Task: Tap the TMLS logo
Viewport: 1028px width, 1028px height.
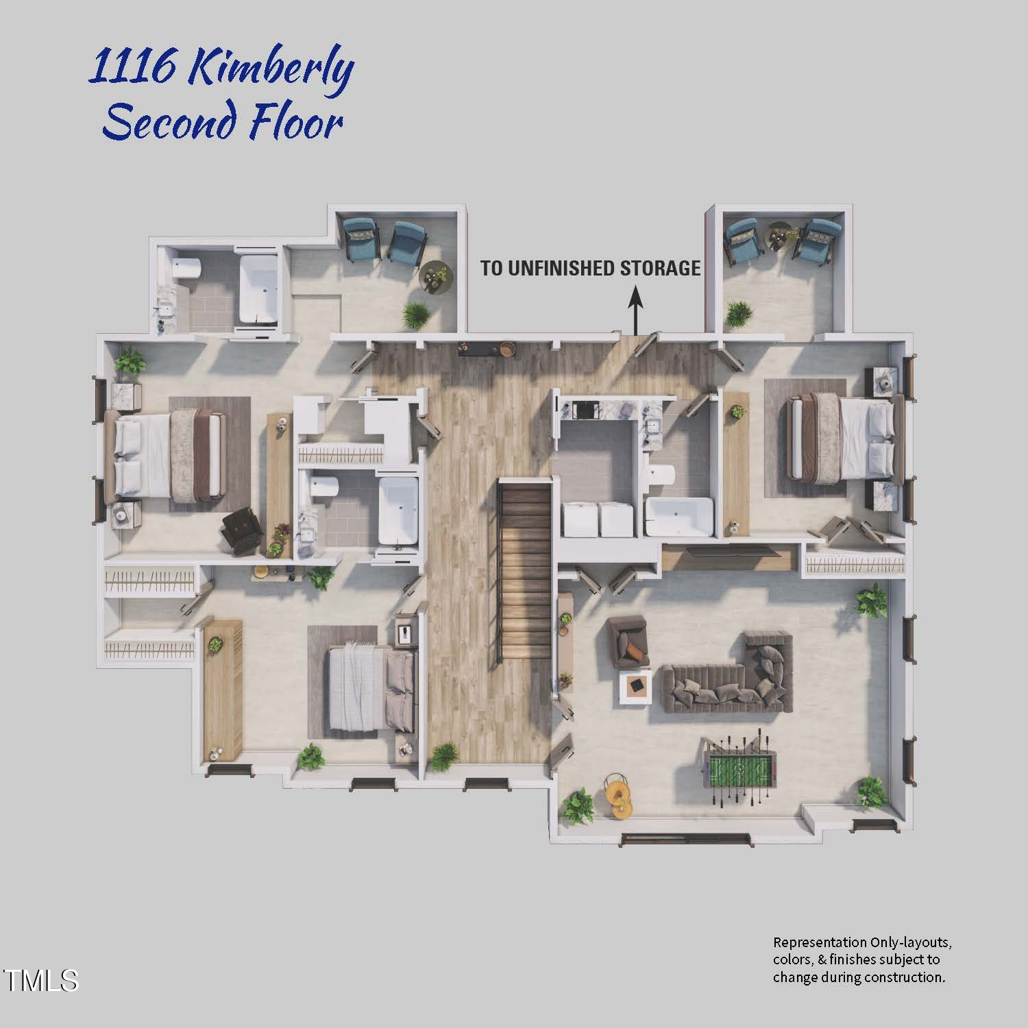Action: (40, 980)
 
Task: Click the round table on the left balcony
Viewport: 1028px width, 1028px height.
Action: (436, 275)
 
